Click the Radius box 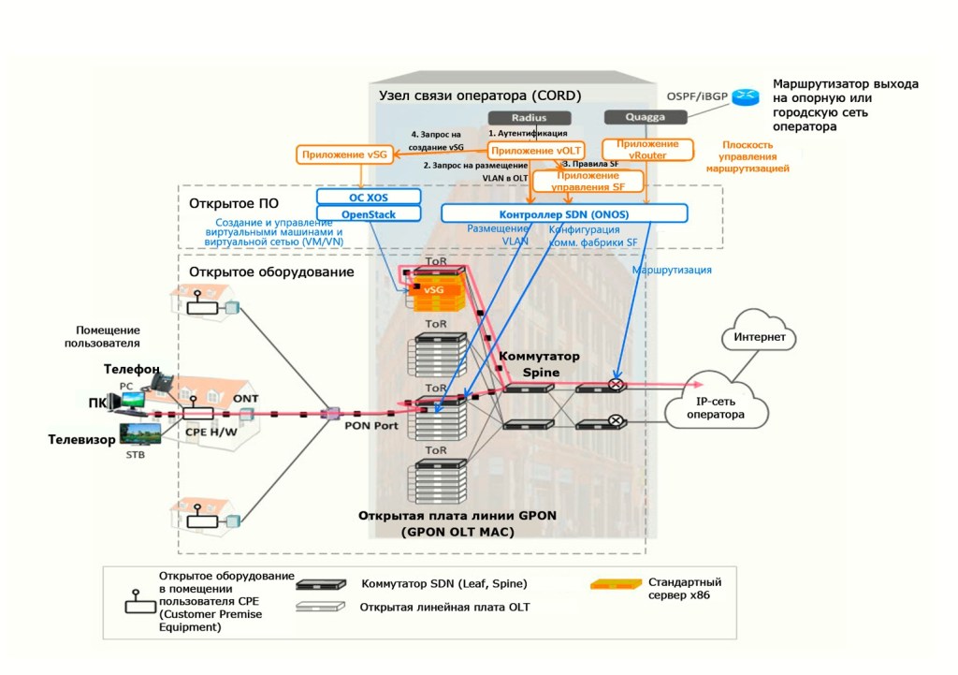[x=529, y=118]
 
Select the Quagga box [x=646, y=118]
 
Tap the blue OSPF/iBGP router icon [x=746, y=96]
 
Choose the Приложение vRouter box [x=647, y=150]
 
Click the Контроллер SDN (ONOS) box [x=564, y=214]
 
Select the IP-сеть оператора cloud [x=716, y=404]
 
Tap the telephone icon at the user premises [x=162, y=381]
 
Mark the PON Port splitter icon [x=329, y=413]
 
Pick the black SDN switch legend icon [x=321, y=585]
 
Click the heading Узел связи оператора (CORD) [x=479, y=95]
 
